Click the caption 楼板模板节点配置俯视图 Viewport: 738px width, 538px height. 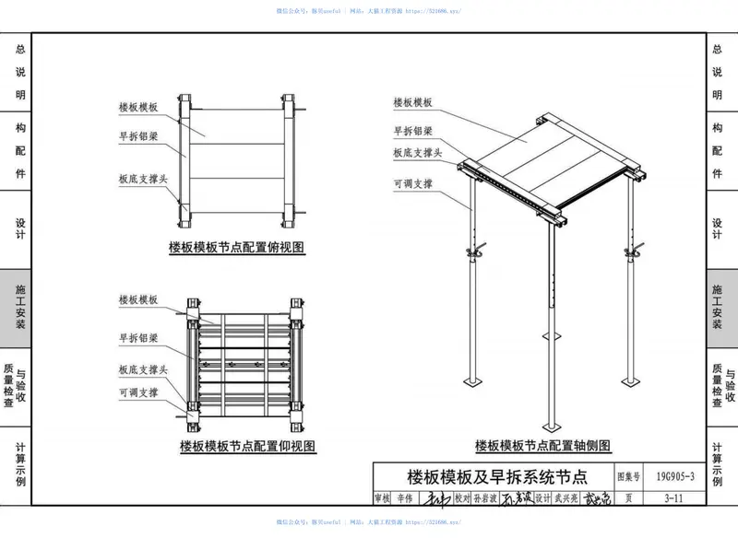236,246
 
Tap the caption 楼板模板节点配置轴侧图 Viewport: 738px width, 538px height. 542,446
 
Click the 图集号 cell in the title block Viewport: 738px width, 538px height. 627,476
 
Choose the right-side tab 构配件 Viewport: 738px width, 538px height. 718,151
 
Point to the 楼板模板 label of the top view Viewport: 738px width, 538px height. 138,108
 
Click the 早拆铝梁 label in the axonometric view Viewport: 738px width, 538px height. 412,130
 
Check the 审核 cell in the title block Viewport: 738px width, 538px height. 382,498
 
